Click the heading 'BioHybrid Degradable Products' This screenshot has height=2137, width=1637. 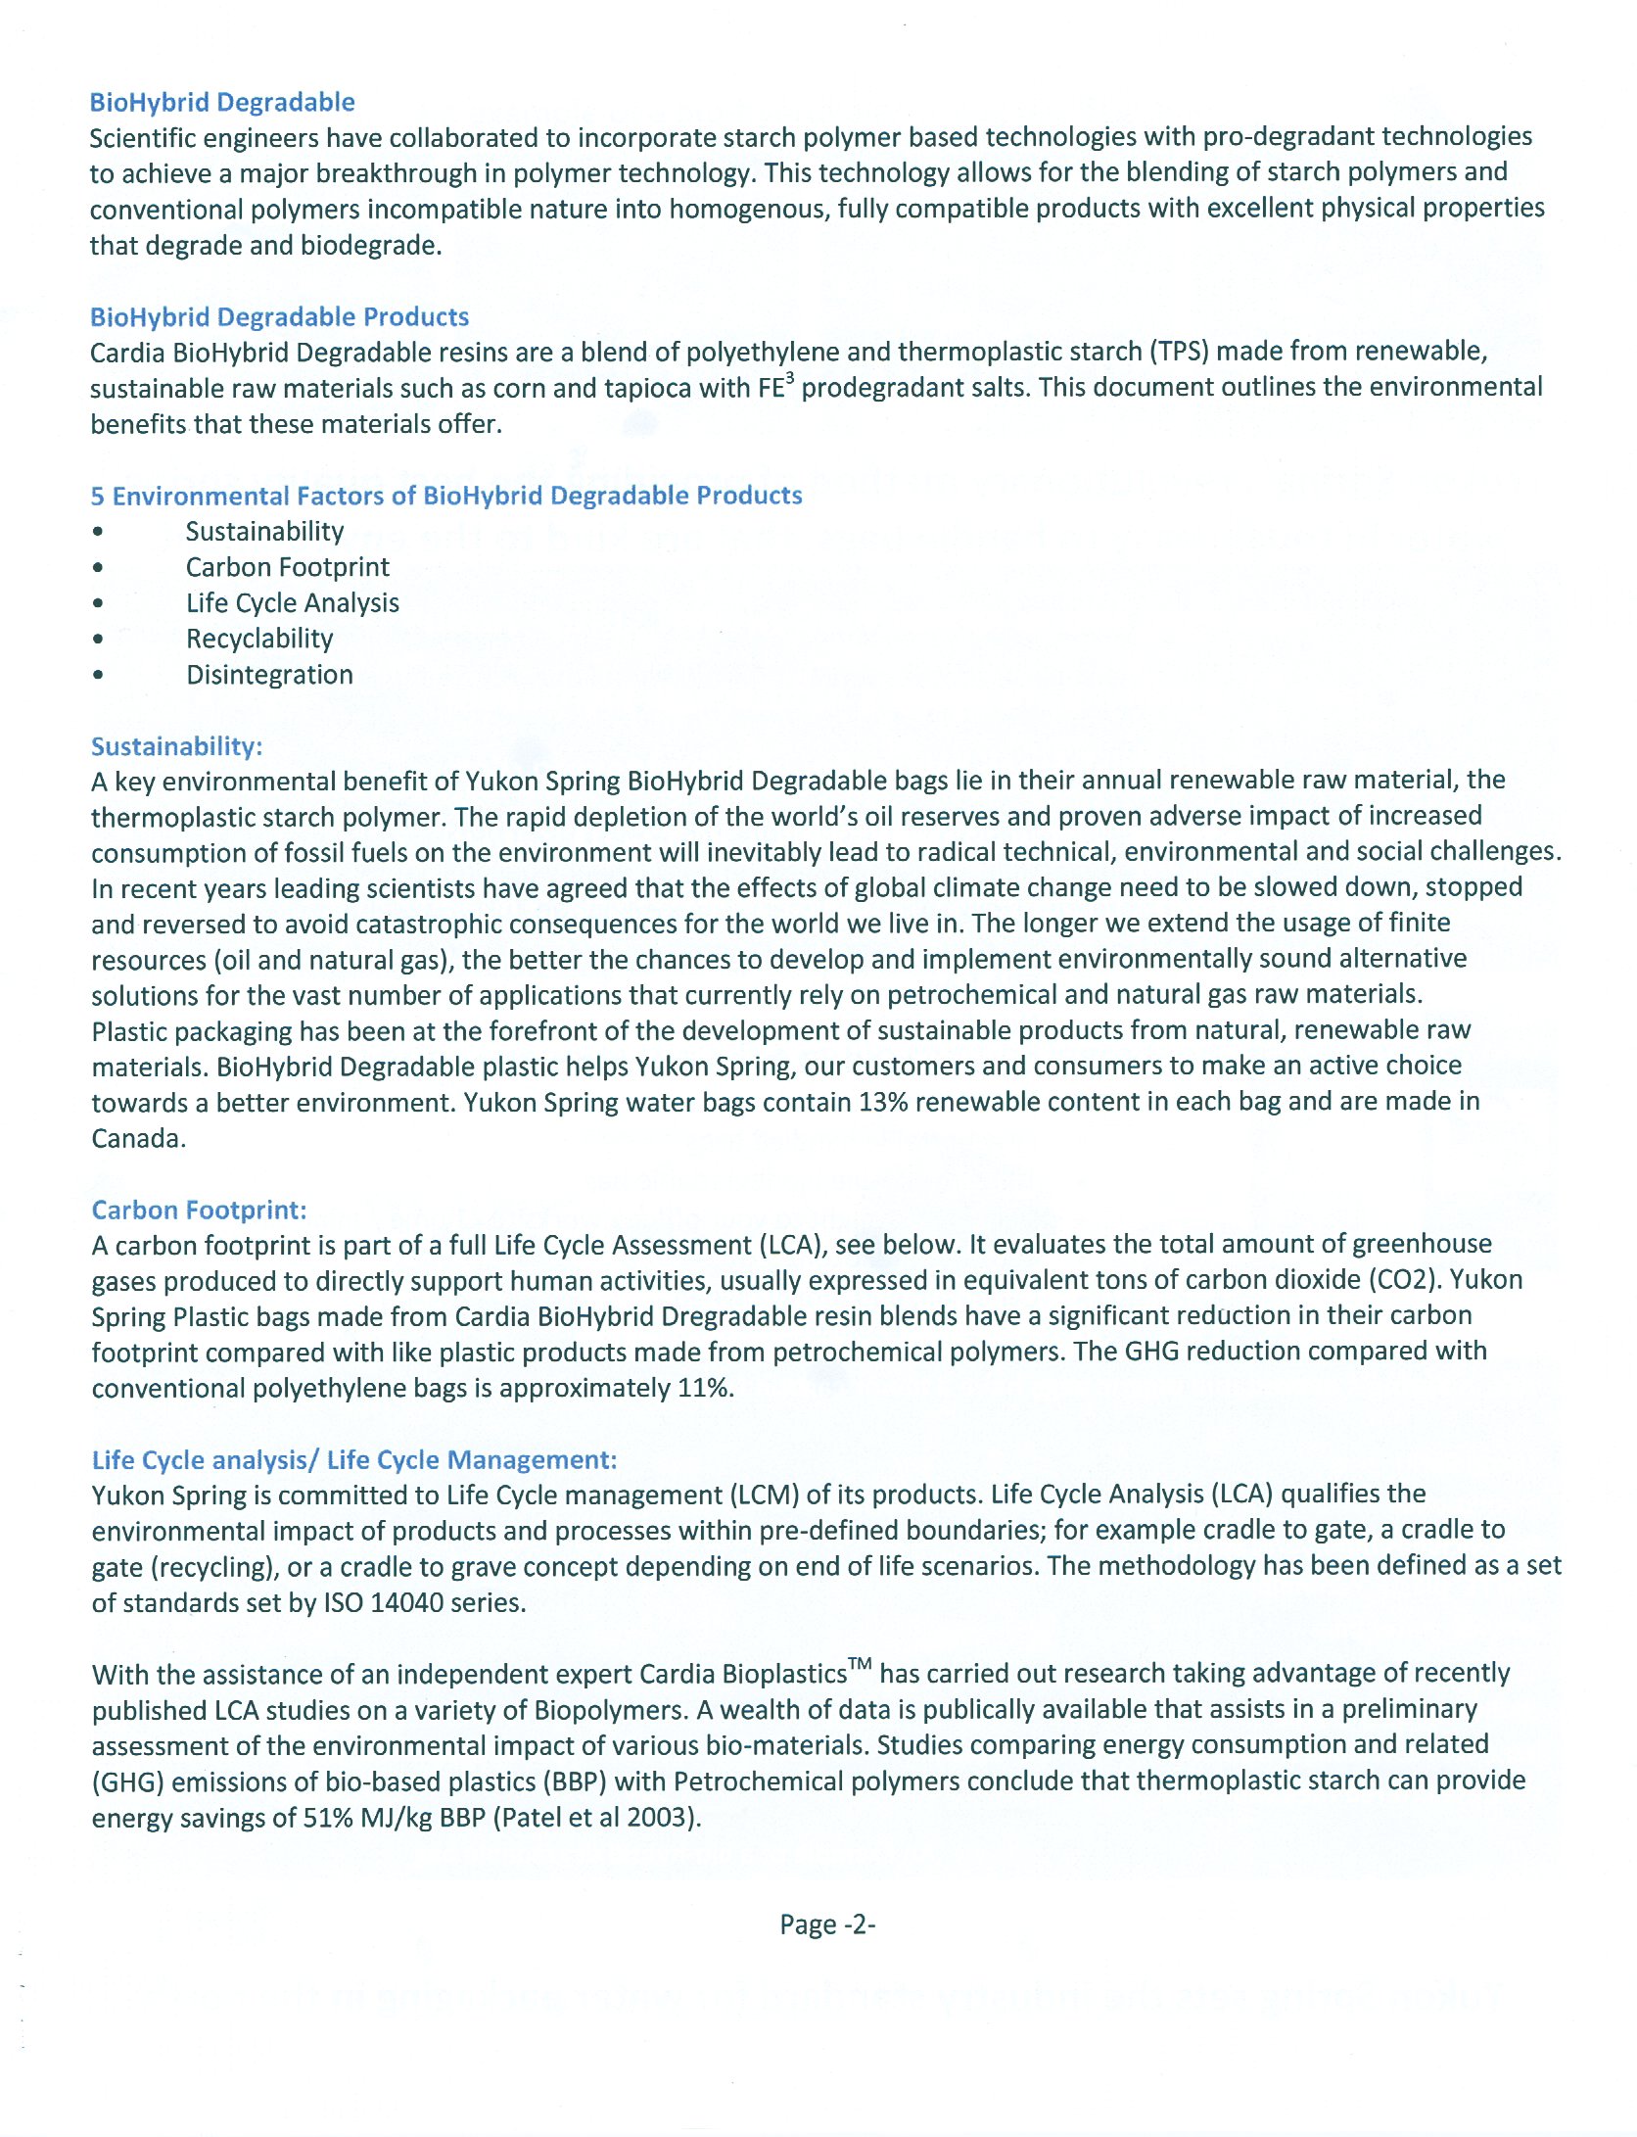279,317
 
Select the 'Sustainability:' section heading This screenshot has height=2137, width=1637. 176,746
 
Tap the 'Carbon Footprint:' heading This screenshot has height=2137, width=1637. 199,1210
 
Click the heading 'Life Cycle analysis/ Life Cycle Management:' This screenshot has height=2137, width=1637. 353,1459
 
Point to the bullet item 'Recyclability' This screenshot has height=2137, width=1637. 259,639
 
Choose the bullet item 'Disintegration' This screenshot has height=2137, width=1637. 269,675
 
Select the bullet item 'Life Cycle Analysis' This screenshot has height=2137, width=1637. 293,602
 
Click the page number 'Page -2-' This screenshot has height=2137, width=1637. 826,1924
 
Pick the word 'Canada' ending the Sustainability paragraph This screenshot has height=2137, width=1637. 135,1138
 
